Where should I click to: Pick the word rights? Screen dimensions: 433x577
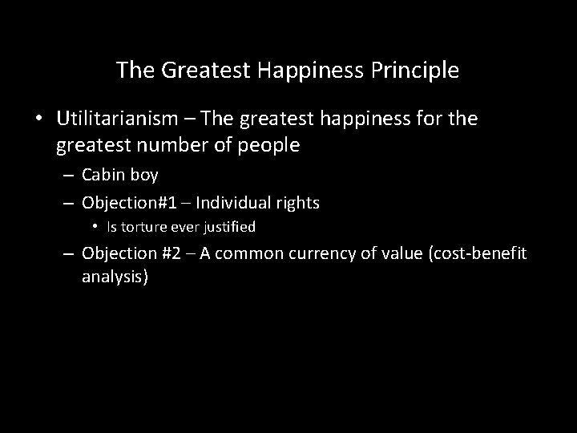(x=297, y=204)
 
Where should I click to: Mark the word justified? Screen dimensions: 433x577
(x=228, y=227)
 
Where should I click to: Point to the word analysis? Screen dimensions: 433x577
(x=115, y=277)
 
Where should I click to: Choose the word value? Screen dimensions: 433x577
(x=402, y=253)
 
